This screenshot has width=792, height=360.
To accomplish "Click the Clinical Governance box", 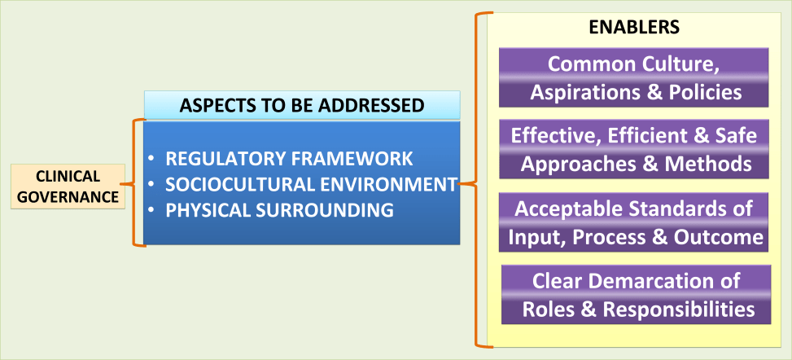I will pyautogui.click(x=68, y=186).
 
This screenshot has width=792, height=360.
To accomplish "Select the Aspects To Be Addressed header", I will pyautogui.click(x=302, y=106).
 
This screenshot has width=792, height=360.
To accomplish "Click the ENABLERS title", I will pyautogui.click(x=634, y=27).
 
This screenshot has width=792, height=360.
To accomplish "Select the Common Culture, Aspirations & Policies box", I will pyautogui.click(x=635, y=77).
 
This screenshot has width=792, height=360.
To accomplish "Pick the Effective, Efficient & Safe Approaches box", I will pyautogui.click(x=635, y=149).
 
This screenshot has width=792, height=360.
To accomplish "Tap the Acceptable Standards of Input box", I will pyautogui.click(x=635, y=222).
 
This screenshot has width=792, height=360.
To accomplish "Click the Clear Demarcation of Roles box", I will pyautogui.click(x=635, y=294).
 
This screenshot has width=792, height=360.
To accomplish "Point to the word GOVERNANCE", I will pyautogui.click(x=68, y=195).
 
